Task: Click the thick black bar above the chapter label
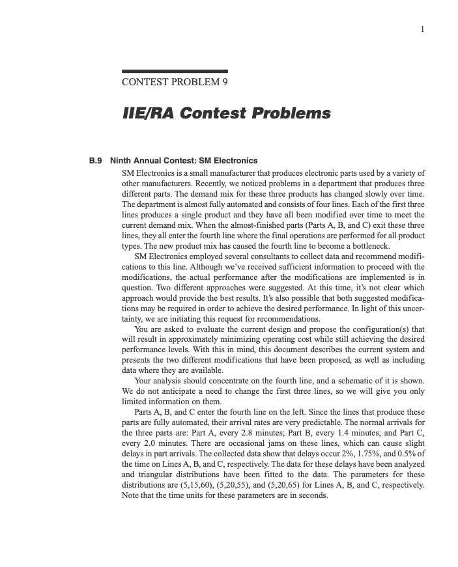coord(175,71)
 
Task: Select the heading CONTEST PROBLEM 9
coord(175,83)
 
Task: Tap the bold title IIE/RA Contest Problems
coord(226,113)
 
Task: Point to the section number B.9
coord(96,160)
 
